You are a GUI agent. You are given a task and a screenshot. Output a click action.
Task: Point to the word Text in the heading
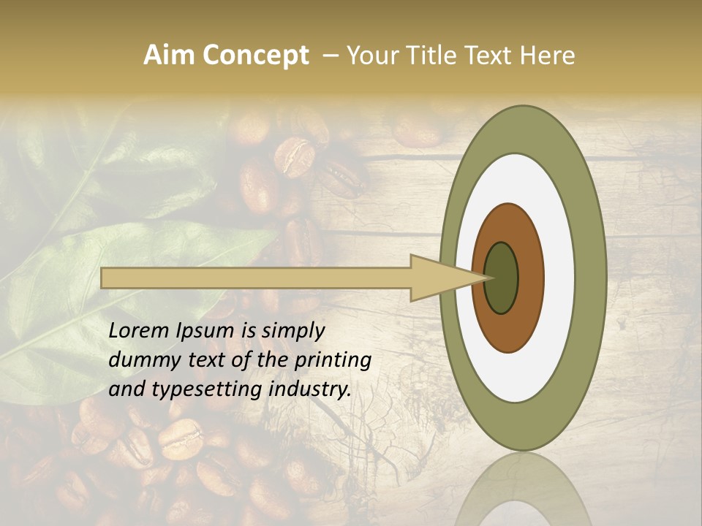pyautogui.click(x=488, y=56)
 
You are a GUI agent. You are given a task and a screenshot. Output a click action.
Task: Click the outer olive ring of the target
pyautogui.click(x=591, y=278)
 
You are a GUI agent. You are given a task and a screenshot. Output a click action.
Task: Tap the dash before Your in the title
pyautogui.click(x=330, y=56)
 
